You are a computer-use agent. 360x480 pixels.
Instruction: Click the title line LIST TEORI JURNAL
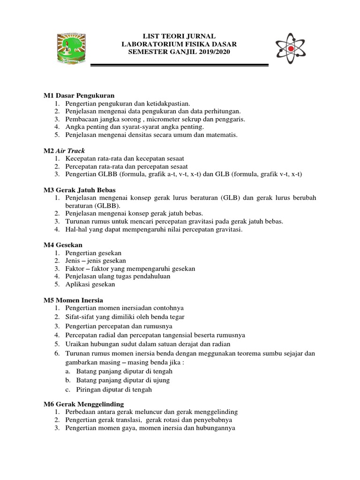click(180, 36)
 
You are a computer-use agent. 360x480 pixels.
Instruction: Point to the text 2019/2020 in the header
click(215, 52)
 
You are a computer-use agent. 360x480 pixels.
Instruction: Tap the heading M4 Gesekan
click(63, 245)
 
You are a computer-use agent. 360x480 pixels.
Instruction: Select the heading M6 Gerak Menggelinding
click(84, 404)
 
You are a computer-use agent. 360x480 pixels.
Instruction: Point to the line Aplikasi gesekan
click(90, 284)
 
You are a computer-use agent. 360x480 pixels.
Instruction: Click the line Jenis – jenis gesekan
click(96, 261)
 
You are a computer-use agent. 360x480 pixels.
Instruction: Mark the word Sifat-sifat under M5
click(78, 317)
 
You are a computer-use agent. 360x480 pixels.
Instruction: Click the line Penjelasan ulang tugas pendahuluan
click(118, 276)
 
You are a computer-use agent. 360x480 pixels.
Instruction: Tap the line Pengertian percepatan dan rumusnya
click(119, 326)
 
